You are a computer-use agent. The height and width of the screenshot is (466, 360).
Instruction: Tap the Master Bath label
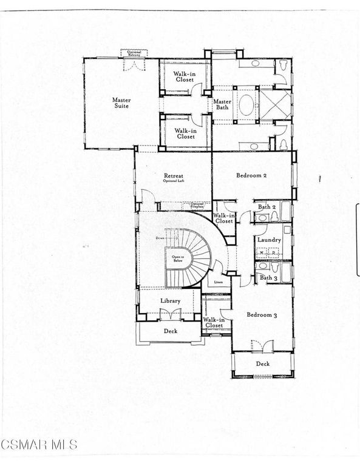(222, 104)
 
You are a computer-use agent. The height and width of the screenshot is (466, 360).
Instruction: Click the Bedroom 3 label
(262, 315)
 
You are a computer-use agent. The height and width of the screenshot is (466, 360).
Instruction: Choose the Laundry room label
(268, 240)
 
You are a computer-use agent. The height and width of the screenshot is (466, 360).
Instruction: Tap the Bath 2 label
(267, 208)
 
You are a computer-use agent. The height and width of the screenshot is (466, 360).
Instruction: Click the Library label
(171, 300)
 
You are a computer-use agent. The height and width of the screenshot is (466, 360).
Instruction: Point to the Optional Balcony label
(134, 53)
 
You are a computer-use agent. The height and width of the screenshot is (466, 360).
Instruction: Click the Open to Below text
(178, 258)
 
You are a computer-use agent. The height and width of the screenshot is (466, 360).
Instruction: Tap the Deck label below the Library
(171, 331)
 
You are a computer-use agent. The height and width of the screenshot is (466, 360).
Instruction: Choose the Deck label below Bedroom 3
(262, 363)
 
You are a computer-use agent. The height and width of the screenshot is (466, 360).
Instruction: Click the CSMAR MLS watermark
(39, 445)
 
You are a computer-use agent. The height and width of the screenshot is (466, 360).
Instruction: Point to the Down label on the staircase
(160, 238)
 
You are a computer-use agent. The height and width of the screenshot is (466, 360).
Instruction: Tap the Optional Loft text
(172, 181)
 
